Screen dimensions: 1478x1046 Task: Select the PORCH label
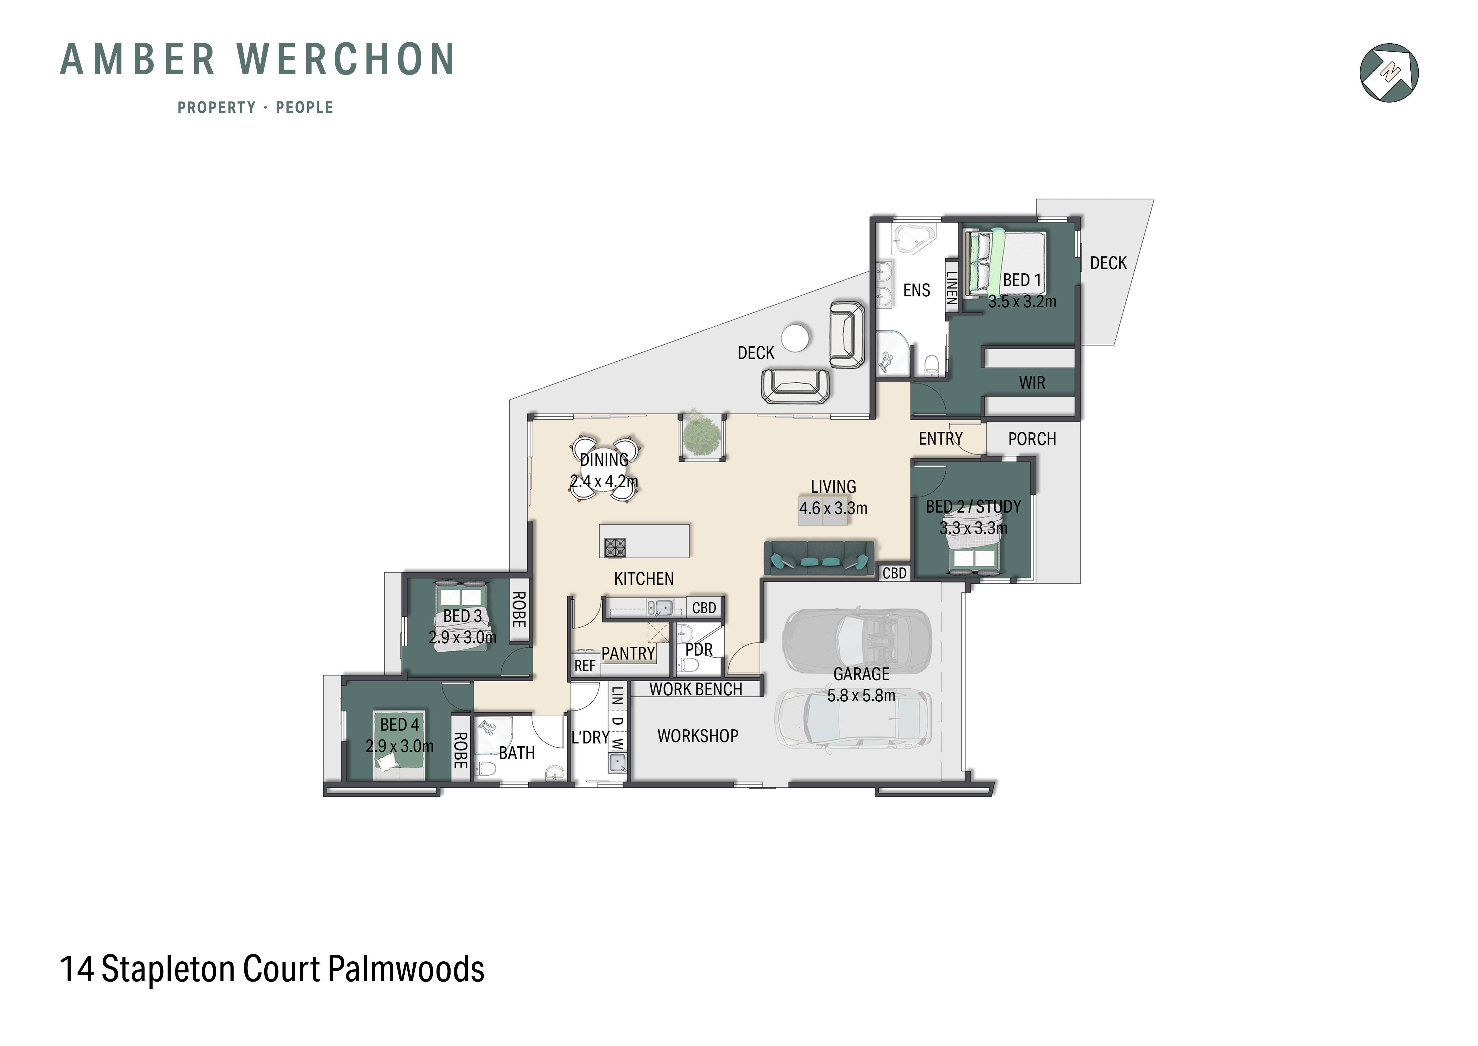pyautogui.click(x=1032, y=439)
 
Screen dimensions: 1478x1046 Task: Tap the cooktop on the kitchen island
pyautogui.click(x=615, y=547)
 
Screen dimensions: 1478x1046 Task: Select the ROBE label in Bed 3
pyautogui.click(x=518, y=609)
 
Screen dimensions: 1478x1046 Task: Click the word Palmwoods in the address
pyautogui.click(x=406, y=969)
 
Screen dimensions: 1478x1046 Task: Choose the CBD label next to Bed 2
pyautogui.click(x=894, y=573)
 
